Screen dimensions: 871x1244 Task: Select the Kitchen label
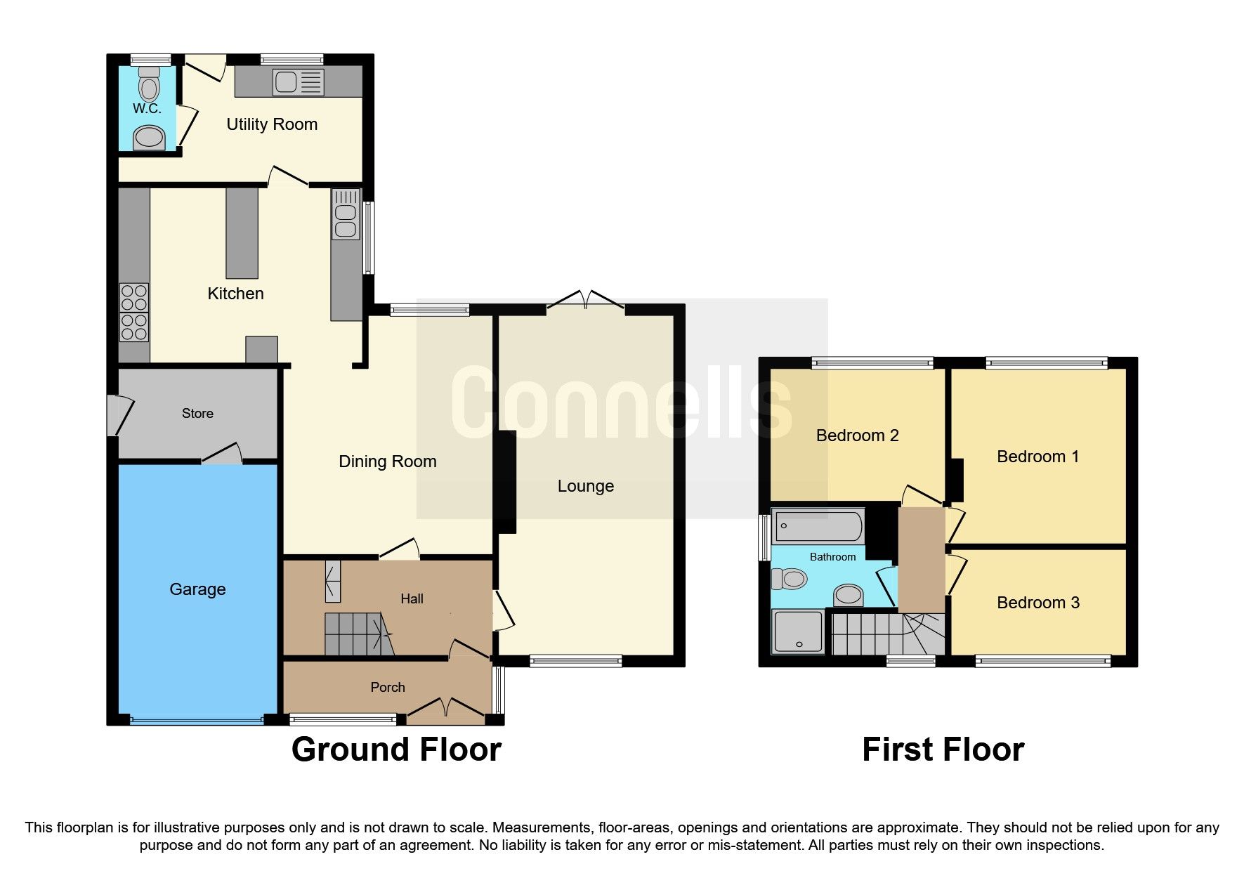click(235, 294)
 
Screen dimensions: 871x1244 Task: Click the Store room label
click(197, 414)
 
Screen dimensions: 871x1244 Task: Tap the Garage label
click(197, 589)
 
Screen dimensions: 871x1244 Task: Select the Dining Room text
click(387, 461)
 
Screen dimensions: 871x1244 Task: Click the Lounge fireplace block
click(506, 482)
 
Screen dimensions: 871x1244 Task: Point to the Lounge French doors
click(585, 301)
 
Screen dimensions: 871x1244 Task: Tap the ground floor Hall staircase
click(357, 634)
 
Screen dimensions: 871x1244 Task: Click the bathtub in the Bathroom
click(817, 526)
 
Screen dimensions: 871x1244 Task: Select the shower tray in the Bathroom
click(797, 631)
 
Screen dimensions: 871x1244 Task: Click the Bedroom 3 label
click(1037, 603)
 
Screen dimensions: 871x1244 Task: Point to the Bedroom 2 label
click(857, 435)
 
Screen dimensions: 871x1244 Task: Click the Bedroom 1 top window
click(1046, 363)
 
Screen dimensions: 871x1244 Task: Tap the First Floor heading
click(943, 749)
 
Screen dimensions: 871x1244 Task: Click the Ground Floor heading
click(396, 749)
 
